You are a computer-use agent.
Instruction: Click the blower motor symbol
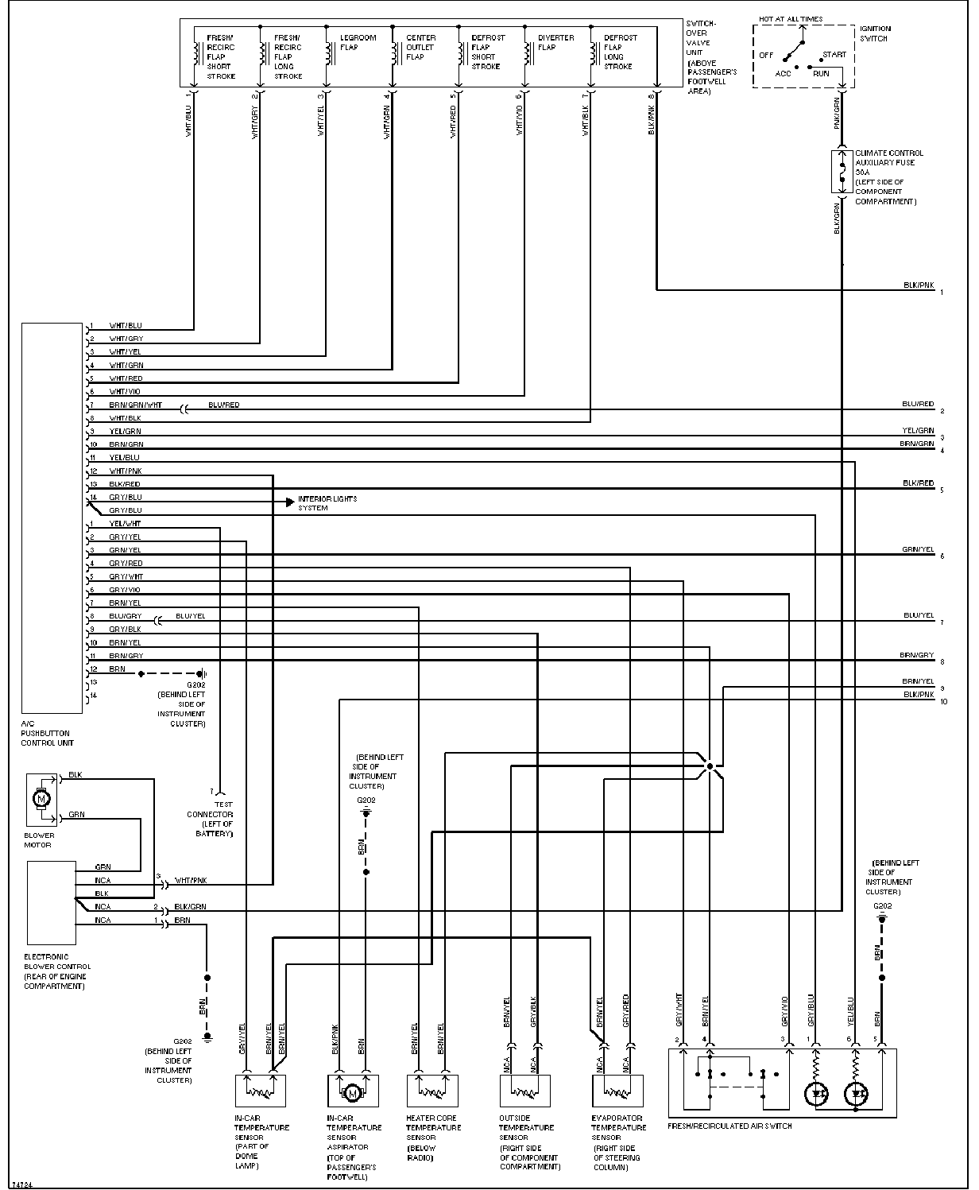(41, 797)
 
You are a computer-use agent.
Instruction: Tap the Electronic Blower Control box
(51, 901)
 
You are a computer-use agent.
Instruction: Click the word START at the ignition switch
(834, 55)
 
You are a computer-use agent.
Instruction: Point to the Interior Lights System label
(327, 503)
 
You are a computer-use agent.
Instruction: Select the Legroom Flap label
(358, 42)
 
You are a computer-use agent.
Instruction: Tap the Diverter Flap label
(555, 42)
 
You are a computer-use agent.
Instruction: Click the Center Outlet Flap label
(421, 48)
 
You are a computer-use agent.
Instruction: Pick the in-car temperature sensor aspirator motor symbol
(350, 1094)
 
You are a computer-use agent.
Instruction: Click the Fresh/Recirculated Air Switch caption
(729, 1126)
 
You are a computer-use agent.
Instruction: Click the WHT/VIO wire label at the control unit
(125, 392)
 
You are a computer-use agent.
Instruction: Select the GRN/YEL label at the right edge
(918, 549)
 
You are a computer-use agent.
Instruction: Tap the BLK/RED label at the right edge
(918, 483)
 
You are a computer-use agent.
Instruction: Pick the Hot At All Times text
(791, 19)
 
